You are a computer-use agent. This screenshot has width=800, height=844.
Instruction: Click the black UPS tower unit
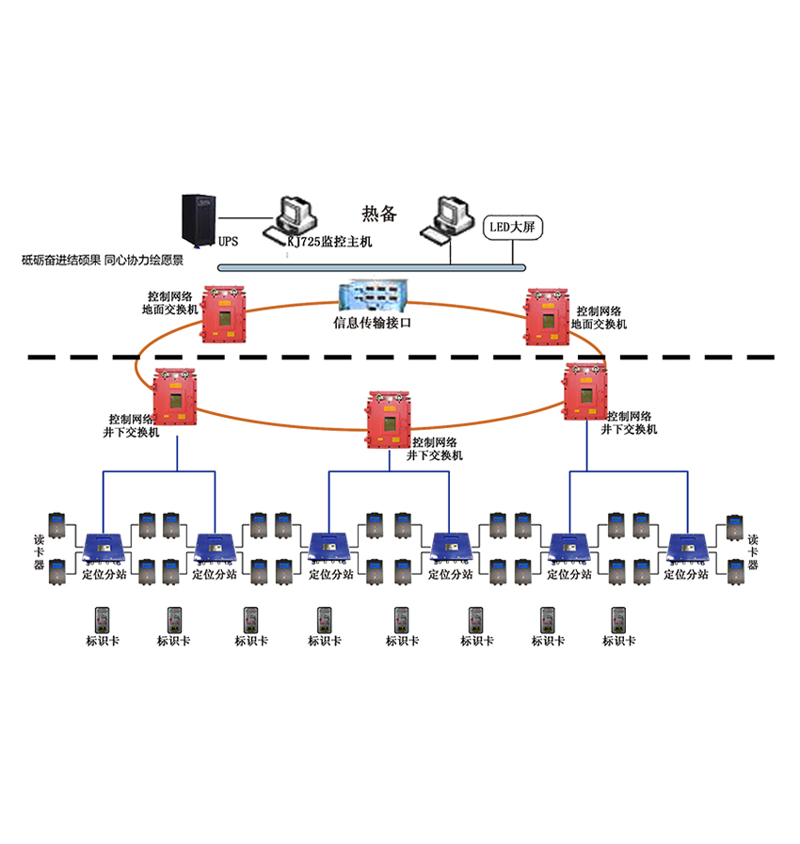coord(199,219)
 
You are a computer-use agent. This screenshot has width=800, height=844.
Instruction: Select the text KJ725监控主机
coord(331,242)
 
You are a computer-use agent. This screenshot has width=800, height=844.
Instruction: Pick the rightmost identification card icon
coord(618,619)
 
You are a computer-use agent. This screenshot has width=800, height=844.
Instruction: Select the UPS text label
coord(229,241)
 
